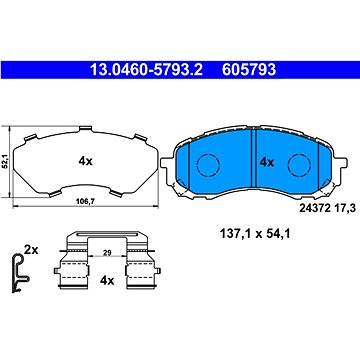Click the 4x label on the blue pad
(x=266, y=161)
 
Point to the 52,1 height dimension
(x=9, y=157)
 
